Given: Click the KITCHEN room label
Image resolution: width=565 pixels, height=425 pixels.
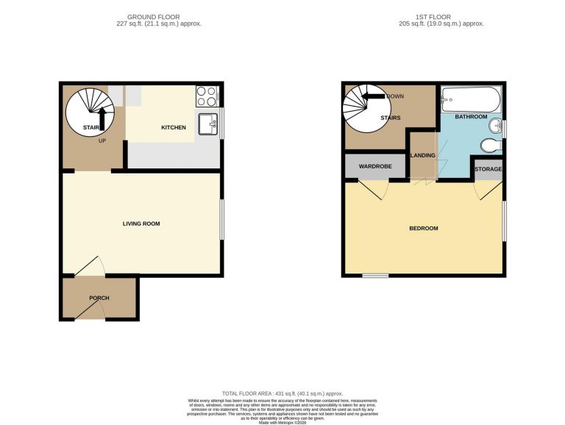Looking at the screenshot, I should (x=174, y=128).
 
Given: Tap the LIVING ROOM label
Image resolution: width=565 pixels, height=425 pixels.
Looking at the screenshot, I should (x=141, y=224).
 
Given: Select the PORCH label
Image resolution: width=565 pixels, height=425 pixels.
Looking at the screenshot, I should (x=99, y=298).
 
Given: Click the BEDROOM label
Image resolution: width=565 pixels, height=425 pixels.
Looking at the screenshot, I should (x=423, y=229).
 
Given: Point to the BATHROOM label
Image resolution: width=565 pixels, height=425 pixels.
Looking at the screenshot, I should (x=471, y=117).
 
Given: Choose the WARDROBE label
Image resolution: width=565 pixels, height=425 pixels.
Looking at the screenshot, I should (x=374, y=167).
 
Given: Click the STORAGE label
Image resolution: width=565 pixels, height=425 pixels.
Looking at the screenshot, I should (x=488, y=170).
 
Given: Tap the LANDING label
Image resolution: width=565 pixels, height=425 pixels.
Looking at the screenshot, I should (x=423, y=155).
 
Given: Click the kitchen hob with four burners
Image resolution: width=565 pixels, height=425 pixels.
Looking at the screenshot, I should (x=205, y=96).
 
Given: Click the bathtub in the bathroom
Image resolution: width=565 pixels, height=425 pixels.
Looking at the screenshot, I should (x=471, y=99).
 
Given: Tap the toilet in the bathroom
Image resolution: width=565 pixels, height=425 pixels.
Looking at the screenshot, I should (x=488, y=145).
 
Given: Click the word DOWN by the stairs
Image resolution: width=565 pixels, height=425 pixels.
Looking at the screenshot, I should (x=396, y=96).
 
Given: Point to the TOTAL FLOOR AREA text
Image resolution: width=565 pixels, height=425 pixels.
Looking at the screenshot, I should (x=282, y=394).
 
